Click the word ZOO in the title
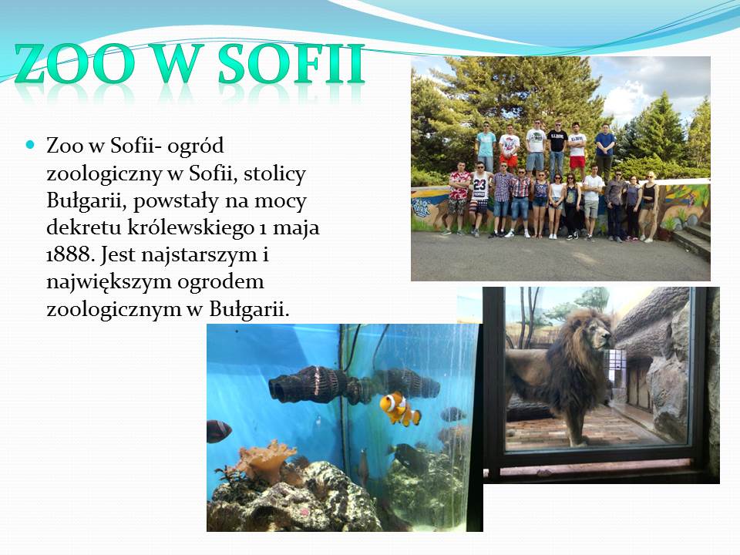tap(74, 64)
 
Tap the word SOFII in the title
tap(291, 64)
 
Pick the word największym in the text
tap(108, 283)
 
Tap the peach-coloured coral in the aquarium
tap(264, 462)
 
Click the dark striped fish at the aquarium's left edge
tap(218, 431)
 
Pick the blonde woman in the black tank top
tap(649, 206)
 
